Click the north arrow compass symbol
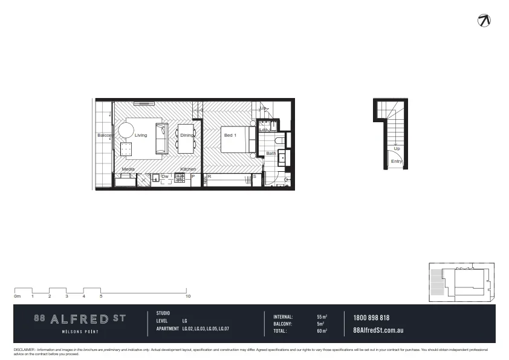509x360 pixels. coord(484,20)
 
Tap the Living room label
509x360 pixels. coord(141,136)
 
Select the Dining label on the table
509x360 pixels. coord(186,136)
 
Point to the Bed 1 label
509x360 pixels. coord(230,136)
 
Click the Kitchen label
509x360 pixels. coord(188,169)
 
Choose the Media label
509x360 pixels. coord(128,169)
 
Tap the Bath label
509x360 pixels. coord(271,154)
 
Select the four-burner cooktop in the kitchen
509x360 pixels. coord(180,177)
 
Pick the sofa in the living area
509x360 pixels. coord(162,138)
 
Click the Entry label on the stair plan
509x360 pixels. coord(397,162)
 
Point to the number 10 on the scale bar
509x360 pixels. coord(188,296)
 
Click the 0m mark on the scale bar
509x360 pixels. coord(18,296)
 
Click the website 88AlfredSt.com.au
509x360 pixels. coord(378,330)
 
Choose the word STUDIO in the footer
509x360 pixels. coord(163,313)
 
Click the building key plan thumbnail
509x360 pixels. coord(461,282)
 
